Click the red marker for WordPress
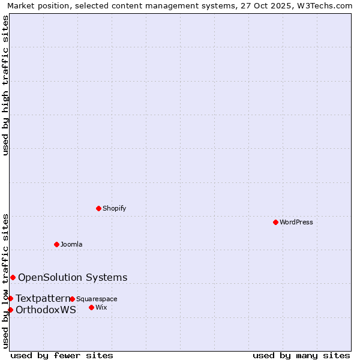275,222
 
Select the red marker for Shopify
98,208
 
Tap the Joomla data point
56,244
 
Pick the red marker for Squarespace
72,299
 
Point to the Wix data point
91,307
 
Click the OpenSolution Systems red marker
13,277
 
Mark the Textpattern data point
10,298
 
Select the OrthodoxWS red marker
10,310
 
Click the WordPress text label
296,223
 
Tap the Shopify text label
115,209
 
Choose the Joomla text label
71,245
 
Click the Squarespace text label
97,299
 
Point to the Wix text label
101,308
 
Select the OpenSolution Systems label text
73,277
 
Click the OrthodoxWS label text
46,310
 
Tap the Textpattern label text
43,298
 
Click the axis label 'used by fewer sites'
62,355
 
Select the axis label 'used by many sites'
301,355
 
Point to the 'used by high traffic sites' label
6,85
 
